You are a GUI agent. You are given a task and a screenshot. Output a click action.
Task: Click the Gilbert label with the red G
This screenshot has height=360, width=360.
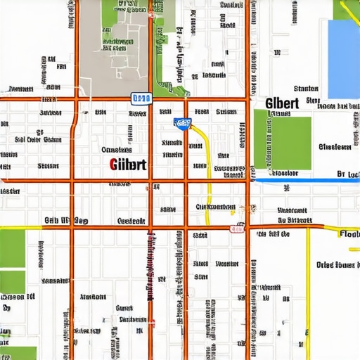[x=128, y=165]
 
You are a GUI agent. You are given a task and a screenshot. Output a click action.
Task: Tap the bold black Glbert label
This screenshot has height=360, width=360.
[x=283, y=103]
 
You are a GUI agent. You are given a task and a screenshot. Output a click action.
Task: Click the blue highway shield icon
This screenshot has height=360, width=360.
[x=183, y=124]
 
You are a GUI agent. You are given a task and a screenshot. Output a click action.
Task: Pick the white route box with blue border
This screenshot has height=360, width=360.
[x=141, y=98]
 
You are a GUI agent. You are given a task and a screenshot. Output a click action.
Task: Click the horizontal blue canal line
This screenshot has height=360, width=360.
[x=302, y=181]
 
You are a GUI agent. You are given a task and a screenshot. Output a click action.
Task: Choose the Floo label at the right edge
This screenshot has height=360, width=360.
[x=349, y=233]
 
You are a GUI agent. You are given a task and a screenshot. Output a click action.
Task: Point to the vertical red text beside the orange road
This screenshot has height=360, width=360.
[x=150, y=267]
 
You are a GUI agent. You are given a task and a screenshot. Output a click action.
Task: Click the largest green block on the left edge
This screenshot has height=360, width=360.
[x=12, y=248]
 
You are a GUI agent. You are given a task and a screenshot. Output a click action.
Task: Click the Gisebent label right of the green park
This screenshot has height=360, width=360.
[x=335, y=147]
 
